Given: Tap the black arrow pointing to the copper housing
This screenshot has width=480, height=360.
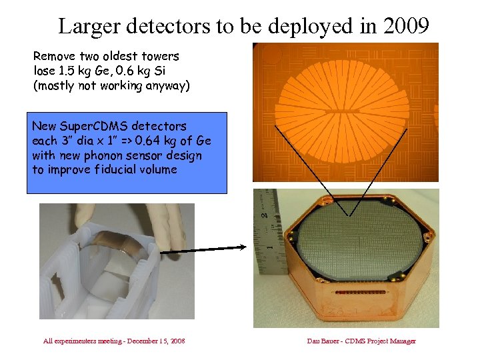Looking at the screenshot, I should coord(213,248).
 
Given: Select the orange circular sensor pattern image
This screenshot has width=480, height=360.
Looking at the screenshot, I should coord(346,111).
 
